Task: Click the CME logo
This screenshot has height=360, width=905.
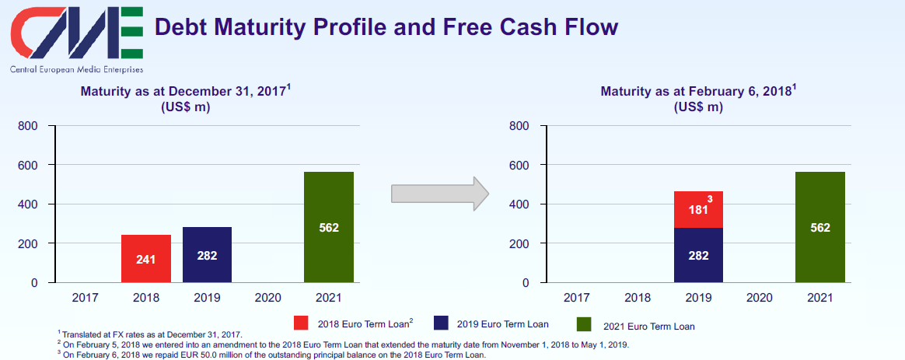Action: click(x=76, y=33)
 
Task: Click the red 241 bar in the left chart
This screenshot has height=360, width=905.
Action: click(x=146, y=259)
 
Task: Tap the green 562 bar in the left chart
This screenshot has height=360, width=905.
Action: click(x=328, y=227)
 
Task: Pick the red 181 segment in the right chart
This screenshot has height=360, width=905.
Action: click(x=698, y=209)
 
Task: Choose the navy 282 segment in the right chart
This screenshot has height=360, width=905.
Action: click(x=698, y=256)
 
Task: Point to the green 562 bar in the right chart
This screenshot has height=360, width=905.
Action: click(x=819, y=227)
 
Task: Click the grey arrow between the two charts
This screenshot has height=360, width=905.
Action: click(x=440, y=194)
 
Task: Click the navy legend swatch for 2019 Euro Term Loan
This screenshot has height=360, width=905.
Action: click(x=442, y=323)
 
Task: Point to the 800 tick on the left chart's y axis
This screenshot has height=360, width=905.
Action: click(x=30, y=126)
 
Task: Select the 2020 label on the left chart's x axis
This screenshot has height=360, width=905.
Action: click(x=267, y=298)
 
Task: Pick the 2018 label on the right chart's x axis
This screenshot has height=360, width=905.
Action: click(x=638, y=298)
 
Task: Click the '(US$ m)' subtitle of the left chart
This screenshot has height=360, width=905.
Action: click(x=185, y=107)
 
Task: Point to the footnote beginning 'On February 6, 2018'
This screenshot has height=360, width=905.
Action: click(x=272, y=355)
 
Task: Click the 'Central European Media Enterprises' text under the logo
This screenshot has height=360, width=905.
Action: click(x=77, y=69)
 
